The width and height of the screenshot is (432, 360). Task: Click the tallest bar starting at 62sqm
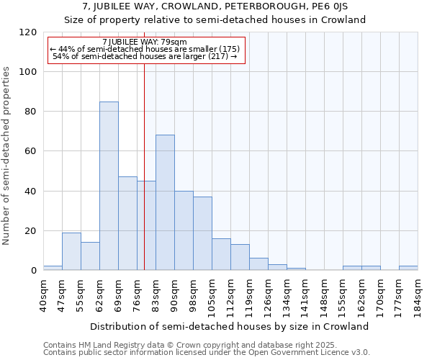109,186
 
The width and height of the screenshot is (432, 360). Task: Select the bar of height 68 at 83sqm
165,202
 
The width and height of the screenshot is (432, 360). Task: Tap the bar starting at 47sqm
71,251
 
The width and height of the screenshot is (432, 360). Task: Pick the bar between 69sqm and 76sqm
127,223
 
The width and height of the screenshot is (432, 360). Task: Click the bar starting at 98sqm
202,233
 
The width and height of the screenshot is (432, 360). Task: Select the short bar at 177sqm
408,268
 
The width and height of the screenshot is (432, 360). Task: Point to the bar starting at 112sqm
240,257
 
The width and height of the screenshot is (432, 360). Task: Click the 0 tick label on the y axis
33,271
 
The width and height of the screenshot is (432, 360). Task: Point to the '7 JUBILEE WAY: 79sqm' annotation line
145,42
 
